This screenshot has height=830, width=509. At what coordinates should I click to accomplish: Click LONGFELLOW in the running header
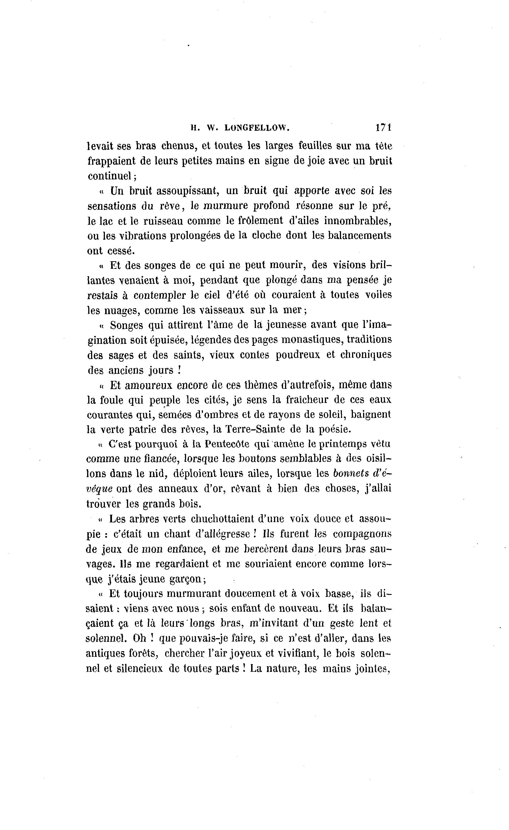256,128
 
